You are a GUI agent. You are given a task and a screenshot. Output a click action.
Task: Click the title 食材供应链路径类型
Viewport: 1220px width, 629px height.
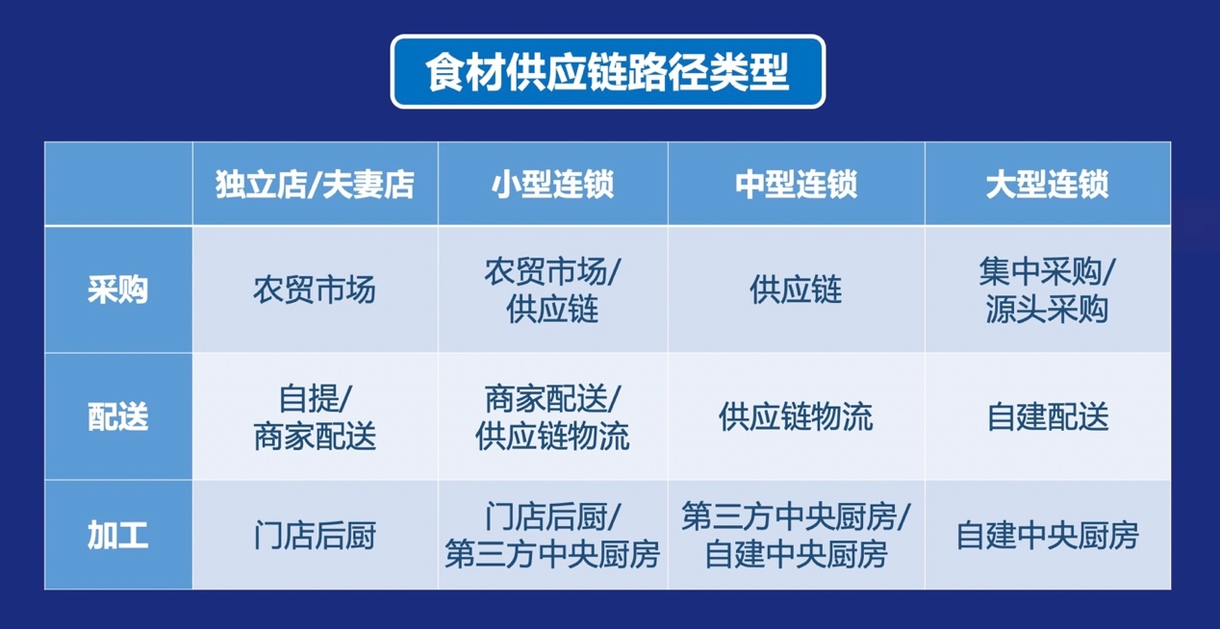pos(607,72)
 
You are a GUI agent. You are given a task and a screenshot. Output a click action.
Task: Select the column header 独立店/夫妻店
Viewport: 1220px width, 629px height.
pos(315,184)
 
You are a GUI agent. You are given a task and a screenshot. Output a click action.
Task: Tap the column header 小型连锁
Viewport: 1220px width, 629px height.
pos(553,184)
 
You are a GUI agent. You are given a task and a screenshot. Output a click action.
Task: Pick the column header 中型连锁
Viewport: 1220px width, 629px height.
pos(797,184)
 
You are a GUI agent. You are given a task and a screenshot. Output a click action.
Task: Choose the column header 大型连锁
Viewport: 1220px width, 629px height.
pos(1048,184)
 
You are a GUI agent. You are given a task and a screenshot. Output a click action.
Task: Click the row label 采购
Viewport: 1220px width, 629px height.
pos(118,289)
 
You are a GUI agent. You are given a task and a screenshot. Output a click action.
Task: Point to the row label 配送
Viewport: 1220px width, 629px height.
pos(118,416)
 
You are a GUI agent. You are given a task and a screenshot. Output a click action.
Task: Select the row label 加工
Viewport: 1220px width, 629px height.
pos(118,535)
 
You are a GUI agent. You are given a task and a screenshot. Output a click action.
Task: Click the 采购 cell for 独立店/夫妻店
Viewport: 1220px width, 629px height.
pos(315,289)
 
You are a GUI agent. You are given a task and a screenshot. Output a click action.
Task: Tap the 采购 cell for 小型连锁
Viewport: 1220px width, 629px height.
pos(553,290)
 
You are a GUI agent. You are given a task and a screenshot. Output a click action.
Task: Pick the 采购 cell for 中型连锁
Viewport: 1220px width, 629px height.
pos(797,289)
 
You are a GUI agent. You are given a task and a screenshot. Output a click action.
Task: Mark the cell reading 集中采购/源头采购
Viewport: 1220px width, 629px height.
pos(1048,290)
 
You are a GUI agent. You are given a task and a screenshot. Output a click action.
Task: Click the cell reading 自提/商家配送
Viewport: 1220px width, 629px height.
pos(315,417)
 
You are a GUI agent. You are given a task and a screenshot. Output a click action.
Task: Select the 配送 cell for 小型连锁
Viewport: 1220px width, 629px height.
pos(553,417)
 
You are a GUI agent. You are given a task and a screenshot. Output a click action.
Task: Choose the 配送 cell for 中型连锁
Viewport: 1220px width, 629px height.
pos(797,416)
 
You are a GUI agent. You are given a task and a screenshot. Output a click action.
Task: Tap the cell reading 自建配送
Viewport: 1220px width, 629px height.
pos(1048,416)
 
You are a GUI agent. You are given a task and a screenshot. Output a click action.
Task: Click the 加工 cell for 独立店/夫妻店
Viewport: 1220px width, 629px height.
pos(315,535)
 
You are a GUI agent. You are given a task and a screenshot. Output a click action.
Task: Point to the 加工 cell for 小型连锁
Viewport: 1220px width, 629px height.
pos(553,536)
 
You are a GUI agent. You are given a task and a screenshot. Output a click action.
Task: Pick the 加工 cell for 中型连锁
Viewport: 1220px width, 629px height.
pos(797,536)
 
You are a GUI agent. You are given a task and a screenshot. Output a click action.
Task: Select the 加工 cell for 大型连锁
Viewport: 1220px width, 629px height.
pos(1048,535)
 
